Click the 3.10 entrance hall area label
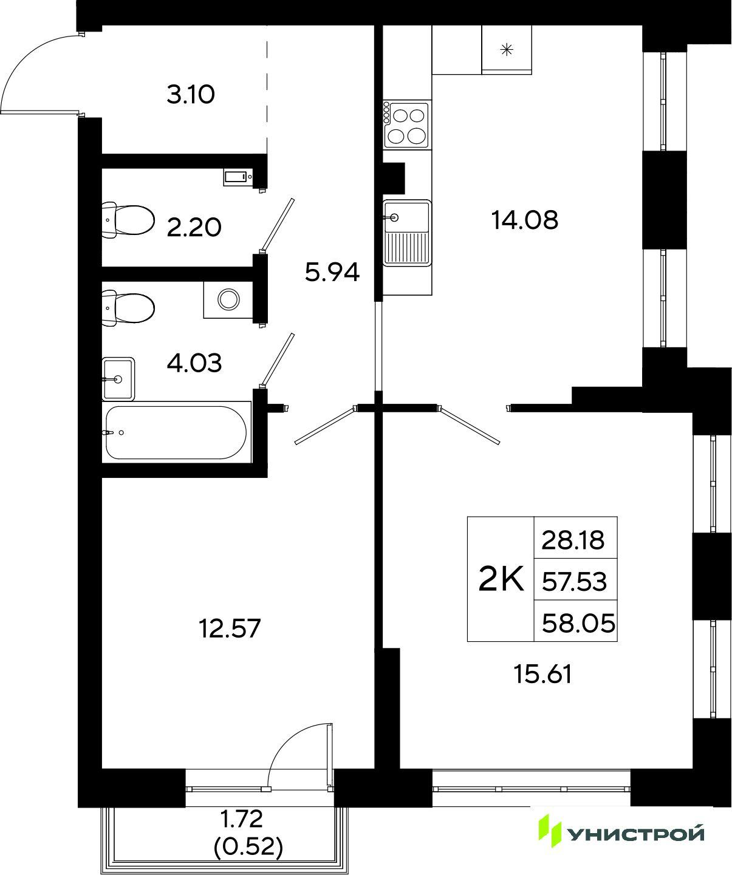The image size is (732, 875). point(191,95)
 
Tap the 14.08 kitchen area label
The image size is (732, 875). point(525,220)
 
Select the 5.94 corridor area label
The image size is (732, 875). point(332,273)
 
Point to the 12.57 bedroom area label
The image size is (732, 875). point(230,628)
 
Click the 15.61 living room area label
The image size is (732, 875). point(542,675)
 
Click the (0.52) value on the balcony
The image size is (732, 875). point(248,846)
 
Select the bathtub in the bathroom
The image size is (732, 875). point(176,432)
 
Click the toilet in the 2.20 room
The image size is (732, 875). point(128,220)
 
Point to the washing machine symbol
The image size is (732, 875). point(229,299)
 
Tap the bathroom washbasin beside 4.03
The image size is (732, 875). point(118,379)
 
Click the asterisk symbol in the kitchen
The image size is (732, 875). point(507,50)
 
